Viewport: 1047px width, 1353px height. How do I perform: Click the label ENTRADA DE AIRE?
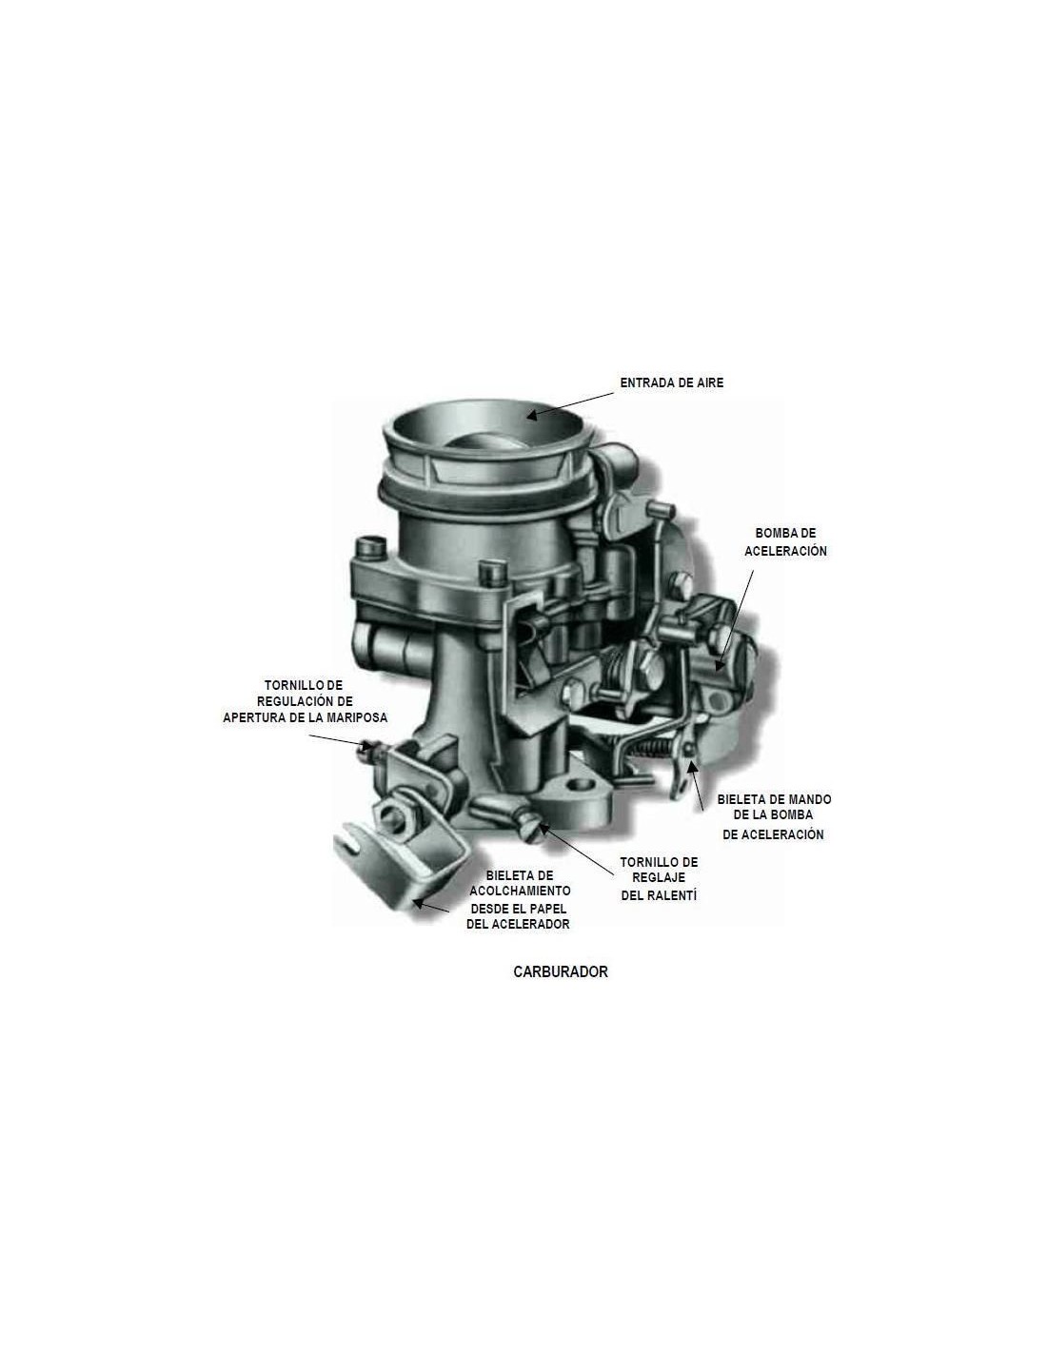671,382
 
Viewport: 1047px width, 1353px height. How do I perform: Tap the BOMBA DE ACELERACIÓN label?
785,541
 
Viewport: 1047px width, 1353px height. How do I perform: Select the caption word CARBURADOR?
561,971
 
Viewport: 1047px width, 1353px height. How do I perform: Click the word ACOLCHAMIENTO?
520,891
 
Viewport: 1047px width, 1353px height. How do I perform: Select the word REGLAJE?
659,878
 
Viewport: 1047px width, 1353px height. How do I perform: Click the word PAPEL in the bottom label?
549,909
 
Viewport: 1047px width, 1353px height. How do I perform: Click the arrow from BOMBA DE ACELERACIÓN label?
735,620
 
